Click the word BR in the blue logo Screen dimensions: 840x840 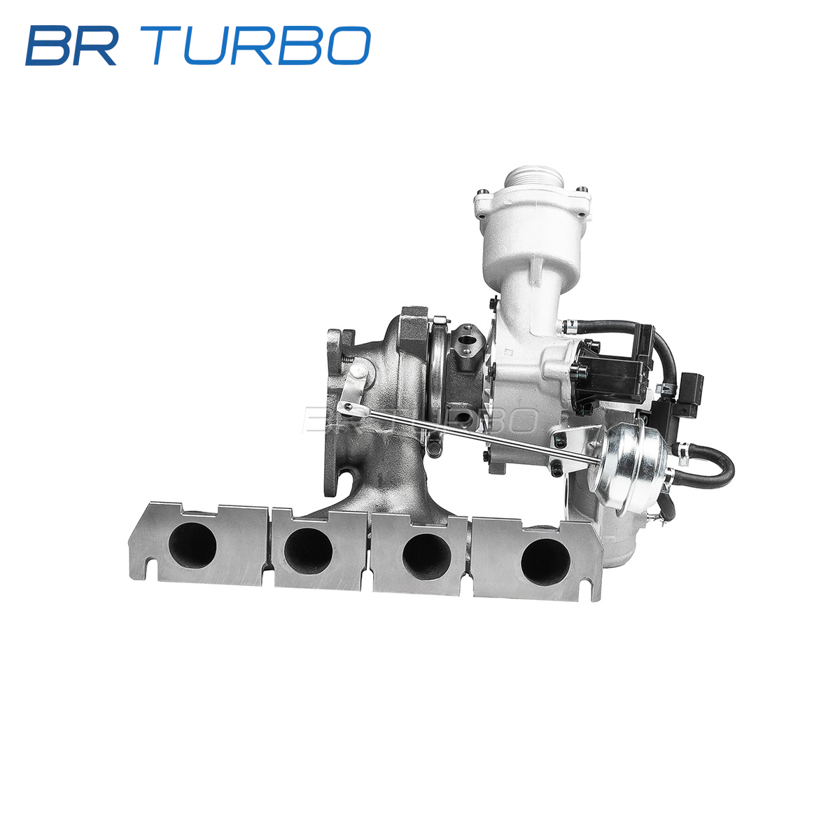(71, 45)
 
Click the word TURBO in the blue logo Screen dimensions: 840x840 (260, 45)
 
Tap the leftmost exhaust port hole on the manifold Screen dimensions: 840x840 (192, 545)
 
